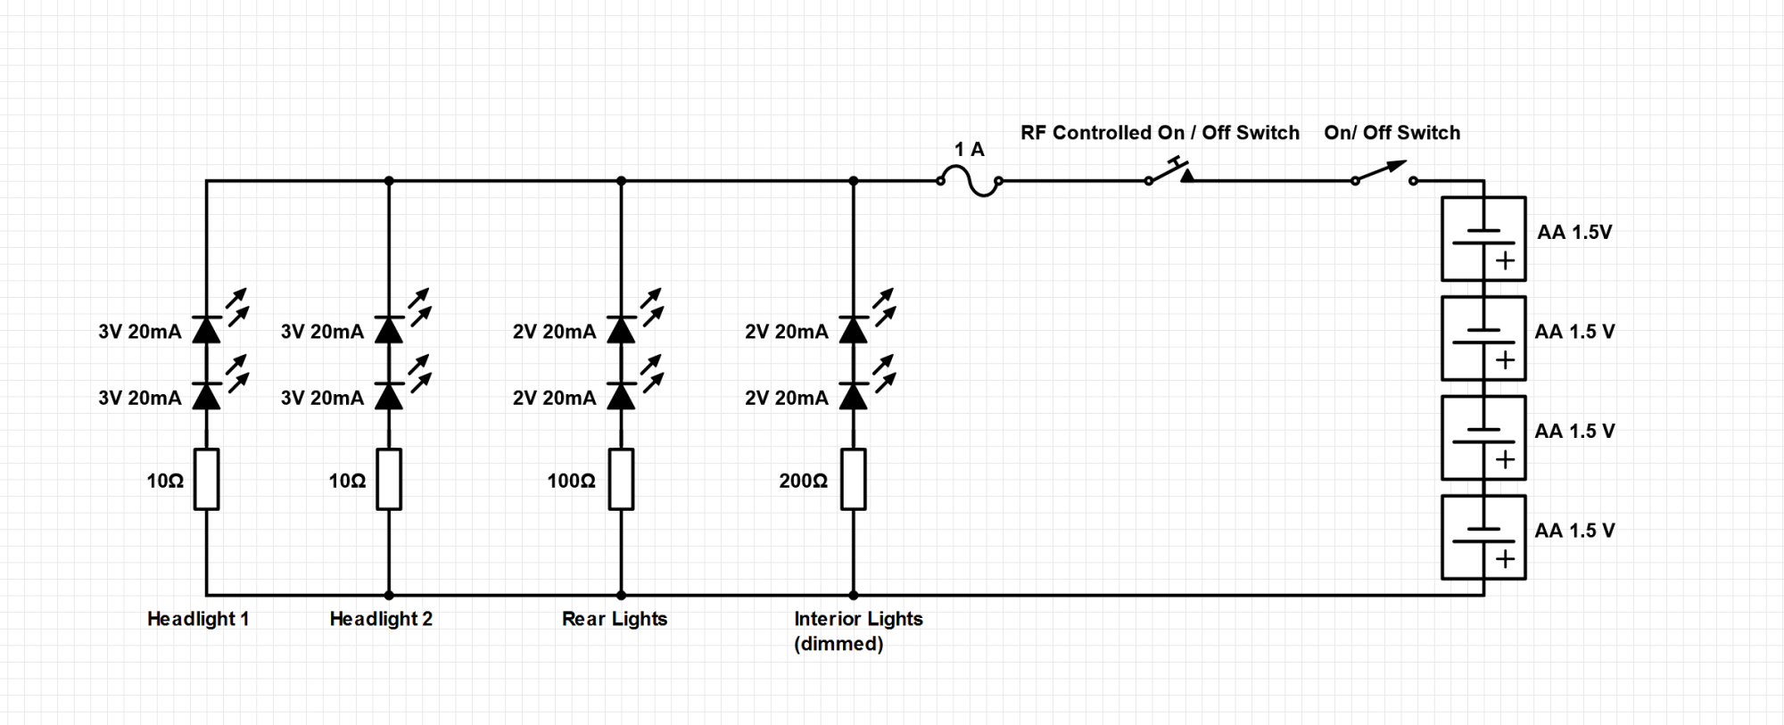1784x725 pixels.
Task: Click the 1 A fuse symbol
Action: (x=970, y=181)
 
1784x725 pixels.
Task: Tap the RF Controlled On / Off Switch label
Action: (x=1160, y=133)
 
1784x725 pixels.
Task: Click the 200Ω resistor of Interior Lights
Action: (x=854, y=480)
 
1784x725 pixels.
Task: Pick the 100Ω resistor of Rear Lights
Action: (x=622, y=480)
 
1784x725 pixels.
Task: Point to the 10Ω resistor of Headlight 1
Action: (x=207, y=480)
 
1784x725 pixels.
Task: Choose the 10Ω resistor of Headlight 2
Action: (x=389, y=480)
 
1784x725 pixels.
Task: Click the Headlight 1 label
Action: (x=198, y=619)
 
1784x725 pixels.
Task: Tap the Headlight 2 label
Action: (x=381, y=619)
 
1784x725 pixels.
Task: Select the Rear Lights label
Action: (x=615, y=619)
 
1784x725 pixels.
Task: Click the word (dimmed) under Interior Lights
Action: (x=838, y=644)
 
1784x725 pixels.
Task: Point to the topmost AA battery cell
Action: (x=1483, y=239)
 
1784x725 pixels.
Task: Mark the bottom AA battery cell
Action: (x=1483, y=538)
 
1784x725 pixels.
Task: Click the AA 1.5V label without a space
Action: (x=1574, y=232)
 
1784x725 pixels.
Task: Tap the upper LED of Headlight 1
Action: (x=207, y=330)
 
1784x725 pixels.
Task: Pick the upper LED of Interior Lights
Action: (x=854, y=330)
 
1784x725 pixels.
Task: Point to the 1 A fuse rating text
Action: (x=970, y=150)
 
